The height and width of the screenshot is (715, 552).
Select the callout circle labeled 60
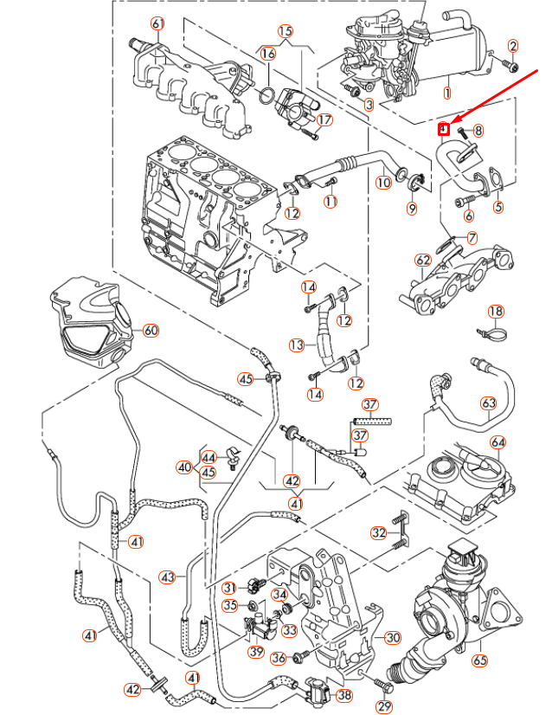point(151,330)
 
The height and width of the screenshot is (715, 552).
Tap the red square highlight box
point(442,130)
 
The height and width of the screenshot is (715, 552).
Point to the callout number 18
point(495,312)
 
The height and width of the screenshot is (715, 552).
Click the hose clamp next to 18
point(489,332)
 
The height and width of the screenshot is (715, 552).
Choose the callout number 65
point(480,660)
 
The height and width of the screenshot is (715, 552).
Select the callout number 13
point(297,345)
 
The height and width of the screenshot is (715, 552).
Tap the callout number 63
point(488,403)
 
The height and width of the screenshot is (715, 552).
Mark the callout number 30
point(393,638)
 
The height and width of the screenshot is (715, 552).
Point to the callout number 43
point(167,577)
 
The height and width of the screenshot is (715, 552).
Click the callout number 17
point(324,119)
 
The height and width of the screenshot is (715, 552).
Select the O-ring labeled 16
point(269,93)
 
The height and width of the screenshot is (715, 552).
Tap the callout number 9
point(412,208)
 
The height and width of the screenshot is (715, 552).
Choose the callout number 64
point(497,443)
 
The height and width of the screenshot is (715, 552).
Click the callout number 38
point(344,694)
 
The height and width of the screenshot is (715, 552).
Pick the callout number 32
point(378,532)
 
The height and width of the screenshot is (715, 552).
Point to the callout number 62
point(422,260)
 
